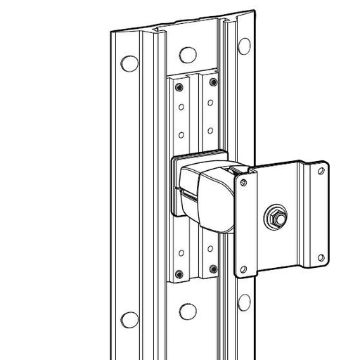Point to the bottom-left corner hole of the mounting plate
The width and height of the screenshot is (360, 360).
[x=244, y=268]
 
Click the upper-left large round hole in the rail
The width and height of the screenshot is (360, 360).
[x=129, y=63]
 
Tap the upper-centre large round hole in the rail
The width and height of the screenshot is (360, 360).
[x=187, y=55]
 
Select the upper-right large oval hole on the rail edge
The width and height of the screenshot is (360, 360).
[x=244, y=46]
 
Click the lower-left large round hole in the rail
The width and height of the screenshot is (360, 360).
[x=129, y=320]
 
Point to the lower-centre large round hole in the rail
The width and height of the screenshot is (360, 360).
[x=187, y=311]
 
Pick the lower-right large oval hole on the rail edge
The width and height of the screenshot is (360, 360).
[x=244, y=302]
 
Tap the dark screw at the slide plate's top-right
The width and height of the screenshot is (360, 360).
[x=212, y=83]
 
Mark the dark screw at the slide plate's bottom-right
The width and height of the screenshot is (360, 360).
[x=212, y=267]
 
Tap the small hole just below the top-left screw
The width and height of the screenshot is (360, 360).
[x=181, y=109]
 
